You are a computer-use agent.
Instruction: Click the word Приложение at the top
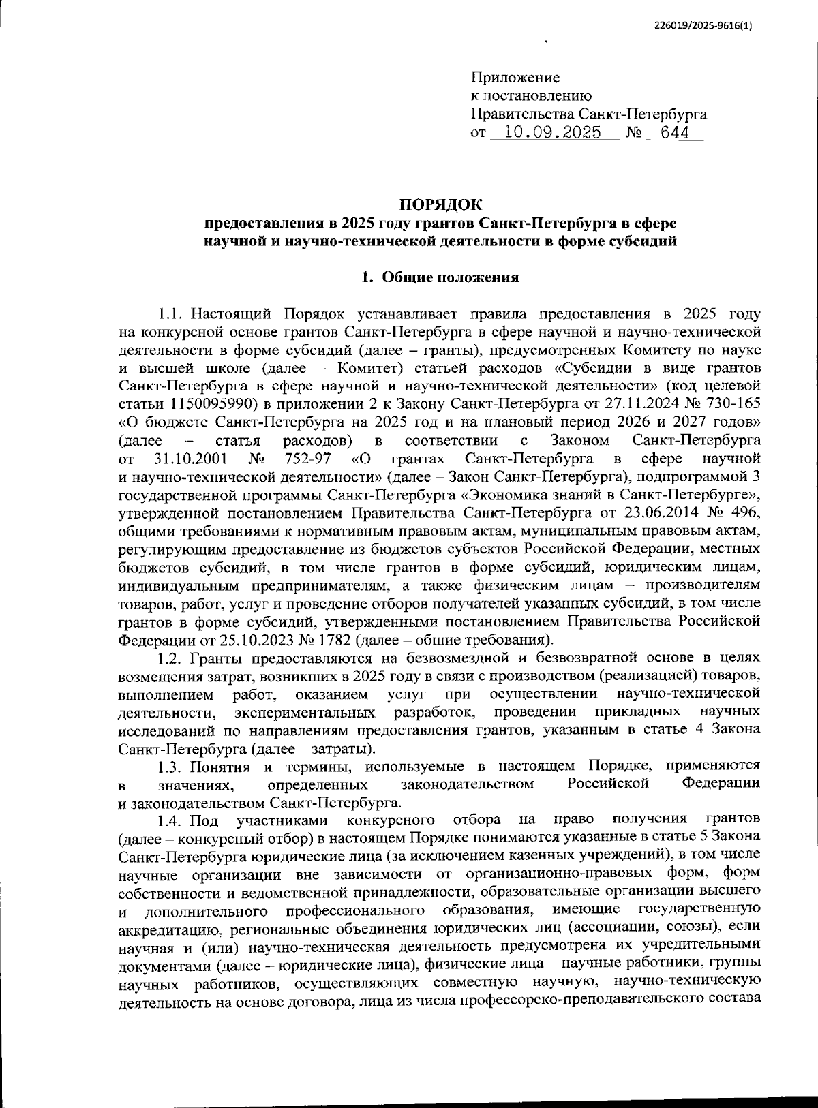click(x=515, y=78)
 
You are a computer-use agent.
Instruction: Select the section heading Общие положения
click(x=450, y=277)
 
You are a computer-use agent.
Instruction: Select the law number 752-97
click(x=309, y=457)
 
